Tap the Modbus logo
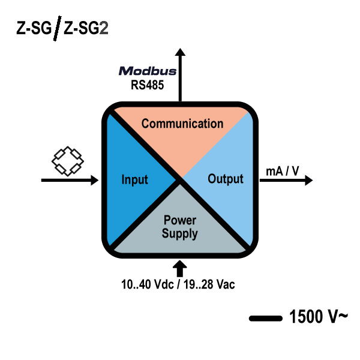pyautogui.click(x=148, y=71)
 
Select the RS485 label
pyautogui.click(x=148, y=85)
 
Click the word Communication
pyautogui.click(x=182, y=124)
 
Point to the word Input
pyautogui.click(x=134, y=179)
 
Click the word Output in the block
pyautogui.click(x=225, y=179)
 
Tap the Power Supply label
pyautogui.click(x=179, y=227)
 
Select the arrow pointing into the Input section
pyautogui.click(x=69, y=179)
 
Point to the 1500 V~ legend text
pyautogui.click(x=317, y=316)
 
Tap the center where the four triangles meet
pyautogui.click(x=180, y=179)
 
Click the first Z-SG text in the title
pyautogui.click(x=34, y=28)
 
